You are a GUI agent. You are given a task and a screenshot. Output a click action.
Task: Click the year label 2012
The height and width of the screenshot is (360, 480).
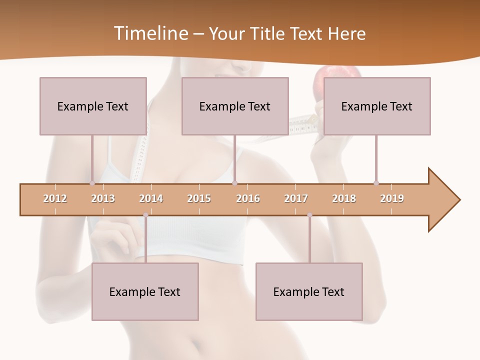click(55, 198)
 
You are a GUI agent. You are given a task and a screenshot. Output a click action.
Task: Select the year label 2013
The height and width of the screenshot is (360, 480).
click(103, 198)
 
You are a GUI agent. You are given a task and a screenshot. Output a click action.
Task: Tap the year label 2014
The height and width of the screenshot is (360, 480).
click(151, 198)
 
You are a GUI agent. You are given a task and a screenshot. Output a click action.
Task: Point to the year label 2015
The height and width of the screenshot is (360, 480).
click(199, 198)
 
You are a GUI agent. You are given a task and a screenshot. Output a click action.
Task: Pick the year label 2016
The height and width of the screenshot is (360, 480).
click(248, 198)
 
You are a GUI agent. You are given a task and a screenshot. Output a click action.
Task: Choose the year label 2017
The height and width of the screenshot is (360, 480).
click(296, 198)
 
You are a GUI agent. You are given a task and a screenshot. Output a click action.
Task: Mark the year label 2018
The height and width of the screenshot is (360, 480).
click(344, 198)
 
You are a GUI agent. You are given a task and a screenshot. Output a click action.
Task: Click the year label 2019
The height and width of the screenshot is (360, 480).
click(392, 198)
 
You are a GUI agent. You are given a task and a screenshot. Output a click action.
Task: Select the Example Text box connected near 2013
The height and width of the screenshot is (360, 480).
click(93, 106)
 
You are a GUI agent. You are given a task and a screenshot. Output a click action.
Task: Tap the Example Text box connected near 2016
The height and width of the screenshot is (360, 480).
click(235, 106)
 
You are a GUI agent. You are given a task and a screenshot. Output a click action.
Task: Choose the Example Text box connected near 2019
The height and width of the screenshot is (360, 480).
click(377, 106)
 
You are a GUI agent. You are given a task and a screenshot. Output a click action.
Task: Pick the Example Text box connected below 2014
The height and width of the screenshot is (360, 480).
click(145, 292)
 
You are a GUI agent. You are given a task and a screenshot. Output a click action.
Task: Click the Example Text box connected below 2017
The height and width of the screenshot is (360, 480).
click(309, 292)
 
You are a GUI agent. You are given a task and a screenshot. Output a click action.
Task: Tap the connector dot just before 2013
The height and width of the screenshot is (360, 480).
click(92, 183)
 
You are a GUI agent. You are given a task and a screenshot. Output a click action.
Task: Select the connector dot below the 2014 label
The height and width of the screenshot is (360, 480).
click(145, 215)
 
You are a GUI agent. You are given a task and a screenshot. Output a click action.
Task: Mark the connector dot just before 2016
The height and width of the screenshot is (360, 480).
click(235, 183)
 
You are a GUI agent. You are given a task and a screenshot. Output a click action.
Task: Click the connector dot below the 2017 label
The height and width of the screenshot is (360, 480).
click(309, 215)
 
